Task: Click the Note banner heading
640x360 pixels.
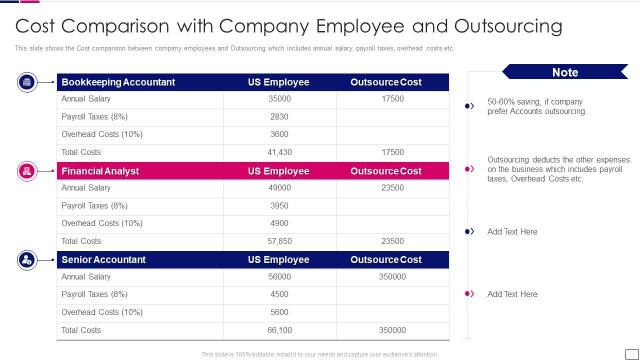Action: (565, 72)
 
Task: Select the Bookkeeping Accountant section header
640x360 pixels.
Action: (118, 82)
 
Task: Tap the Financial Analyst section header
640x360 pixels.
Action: (100, 171)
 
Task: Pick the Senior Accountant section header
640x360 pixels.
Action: (103, 259)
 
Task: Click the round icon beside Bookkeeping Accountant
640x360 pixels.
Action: (27, 82)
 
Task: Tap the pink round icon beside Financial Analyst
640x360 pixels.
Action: (27, 171)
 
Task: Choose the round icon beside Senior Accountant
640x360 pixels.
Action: (27, 260)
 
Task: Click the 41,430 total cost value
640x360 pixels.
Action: (279, 152)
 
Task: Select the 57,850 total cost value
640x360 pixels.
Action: (279, 241)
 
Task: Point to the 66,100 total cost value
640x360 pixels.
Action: (279, 330)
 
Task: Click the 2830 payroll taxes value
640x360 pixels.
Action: (279, 116)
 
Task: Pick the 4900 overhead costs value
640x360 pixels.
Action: (279, 223)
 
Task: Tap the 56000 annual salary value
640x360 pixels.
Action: (279, 276)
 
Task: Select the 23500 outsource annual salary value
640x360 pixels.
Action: (392, 187)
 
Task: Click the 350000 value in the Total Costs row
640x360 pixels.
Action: (392, 330)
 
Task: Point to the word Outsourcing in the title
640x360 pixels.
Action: (508, 26)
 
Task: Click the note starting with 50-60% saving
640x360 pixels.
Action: (536, 106)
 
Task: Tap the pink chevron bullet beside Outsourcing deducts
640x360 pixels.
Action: (469, 169)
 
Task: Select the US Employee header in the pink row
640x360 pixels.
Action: (278, 171)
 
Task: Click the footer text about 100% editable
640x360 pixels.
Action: (319, 354)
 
